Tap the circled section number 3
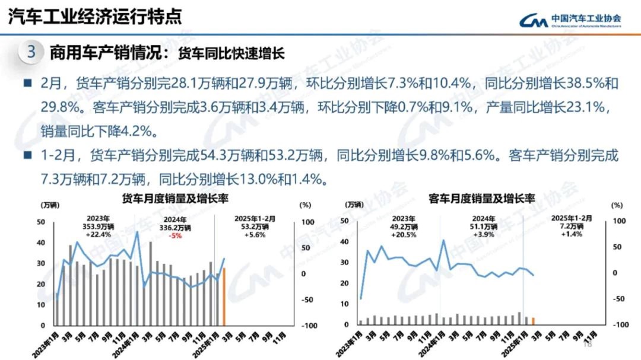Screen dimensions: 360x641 [31, 52]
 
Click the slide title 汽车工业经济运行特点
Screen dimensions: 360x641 [94, 17]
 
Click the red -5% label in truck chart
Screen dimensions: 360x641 [174, 235]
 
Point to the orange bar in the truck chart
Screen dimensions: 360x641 [224, 297]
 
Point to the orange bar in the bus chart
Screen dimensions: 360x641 [533, 321]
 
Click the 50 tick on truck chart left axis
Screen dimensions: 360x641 [41, 222]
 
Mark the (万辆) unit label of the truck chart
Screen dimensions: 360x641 [50, 205]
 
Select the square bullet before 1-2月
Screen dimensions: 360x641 [27, 156]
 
